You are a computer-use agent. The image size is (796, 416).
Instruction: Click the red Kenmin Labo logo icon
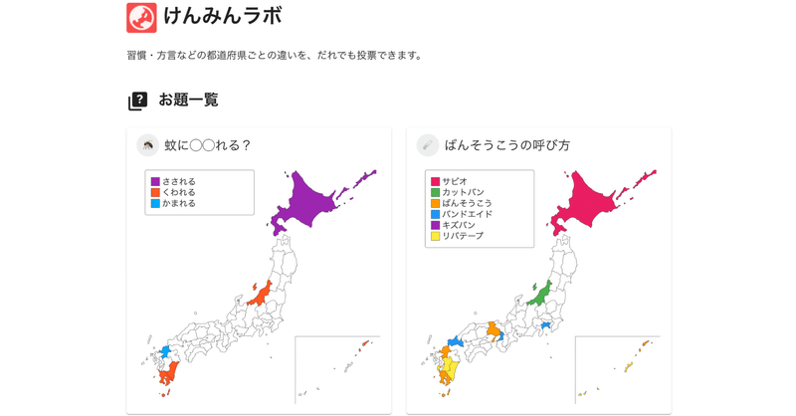tap(141, 17)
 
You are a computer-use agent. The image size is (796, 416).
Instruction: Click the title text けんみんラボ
tap(223, 16)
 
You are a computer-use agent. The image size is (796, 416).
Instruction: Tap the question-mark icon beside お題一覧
tap(137, 101)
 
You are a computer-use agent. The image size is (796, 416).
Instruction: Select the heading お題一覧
tap(188, 101)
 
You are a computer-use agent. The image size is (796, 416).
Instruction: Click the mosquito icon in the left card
tap(147, 145)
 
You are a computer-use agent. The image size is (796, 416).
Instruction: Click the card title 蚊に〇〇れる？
tap(208, 145)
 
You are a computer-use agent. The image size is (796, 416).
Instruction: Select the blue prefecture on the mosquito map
tap(164, 352)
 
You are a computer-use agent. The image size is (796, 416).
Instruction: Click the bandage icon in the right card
tap(427, 145)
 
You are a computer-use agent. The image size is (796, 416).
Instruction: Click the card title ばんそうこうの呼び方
tap(507, 145)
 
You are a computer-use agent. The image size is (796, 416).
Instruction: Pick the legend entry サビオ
tap(455, 181)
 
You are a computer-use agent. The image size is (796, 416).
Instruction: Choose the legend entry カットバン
tap(463, 192)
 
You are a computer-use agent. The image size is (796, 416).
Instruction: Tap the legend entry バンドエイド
tap(467, 214)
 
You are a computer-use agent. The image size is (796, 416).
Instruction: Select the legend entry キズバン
tap(459, 225)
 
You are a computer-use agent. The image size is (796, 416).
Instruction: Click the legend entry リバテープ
tap(463, 236)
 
